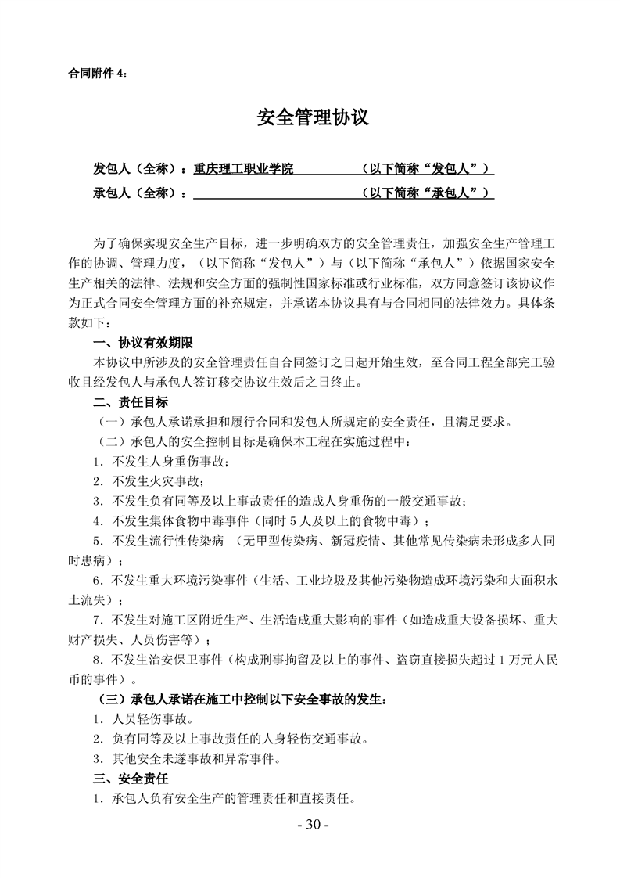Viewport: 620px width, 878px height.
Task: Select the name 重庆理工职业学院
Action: (243, 168)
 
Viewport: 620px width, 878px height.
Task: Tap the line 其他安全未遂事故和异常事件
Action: (195, 758)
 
